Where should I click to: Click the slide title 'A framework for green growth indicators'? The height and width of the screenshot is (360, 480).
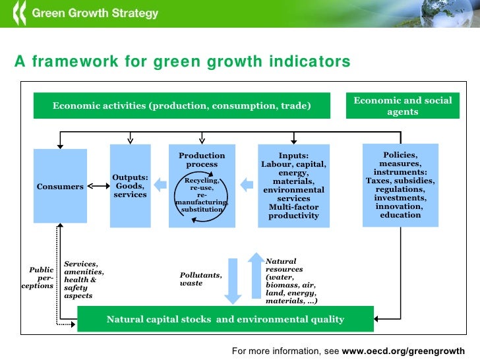coord(183,62)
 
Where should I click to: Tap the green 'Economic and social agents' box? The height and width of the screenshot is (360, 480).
coord(402,106)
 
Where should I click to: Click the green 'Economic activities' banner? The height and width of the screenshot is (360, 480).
coord(181,105)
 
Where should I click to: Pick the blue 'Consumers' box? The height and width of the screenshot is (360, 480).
coord(60,187)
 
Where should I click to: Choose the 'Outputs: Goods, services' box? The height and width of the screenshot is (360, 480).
coord(130,186)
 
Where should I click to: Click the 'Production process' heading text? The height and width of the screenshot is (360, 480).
coord(202,160)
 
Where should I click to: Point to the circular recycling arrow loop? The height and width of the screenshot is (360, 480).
coord(202,196)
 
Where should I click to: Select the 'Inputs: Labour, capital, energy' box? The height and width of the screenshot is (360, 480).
coord(293,186)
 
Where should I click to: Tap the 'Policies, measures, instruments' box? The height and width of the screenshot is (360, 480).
coord(400,185)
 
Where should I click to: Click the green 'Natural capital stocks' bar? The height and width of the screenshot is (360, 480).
coord(225,319)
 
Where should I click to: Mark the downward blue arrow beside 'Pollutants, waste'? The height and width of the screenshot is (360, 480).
coord(232,279)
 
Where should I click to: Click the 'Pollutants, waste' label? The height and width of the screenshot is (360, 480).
coord(200,279)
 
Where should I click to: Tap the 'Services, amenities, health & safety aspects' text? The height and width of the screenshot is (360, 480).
coord(83,280)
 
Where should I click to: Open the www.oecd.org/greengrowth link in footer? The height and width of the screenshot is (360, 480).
coord(403,351)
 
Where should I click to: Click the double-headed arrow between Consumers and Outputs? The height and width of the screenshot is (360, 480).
coord(98,187)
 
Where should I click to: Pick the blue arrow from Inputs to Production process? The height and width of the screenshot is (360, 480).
coord(246,184)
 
